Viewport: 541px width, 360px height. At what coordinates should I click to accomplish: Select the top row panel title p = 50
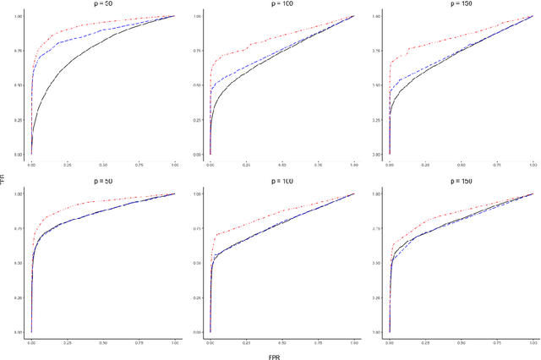(x=102, y=4)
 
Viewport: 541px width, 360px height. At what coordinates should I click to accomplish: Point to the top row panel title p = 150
(x=461, y=4)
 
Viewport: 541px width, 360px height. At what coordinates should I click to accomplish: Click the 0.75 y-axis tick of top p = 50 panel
(x=19, y=51)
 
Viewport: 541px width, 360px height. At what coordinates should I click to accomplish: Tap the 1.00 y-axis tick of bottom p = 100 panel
(x=198, y=194)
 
